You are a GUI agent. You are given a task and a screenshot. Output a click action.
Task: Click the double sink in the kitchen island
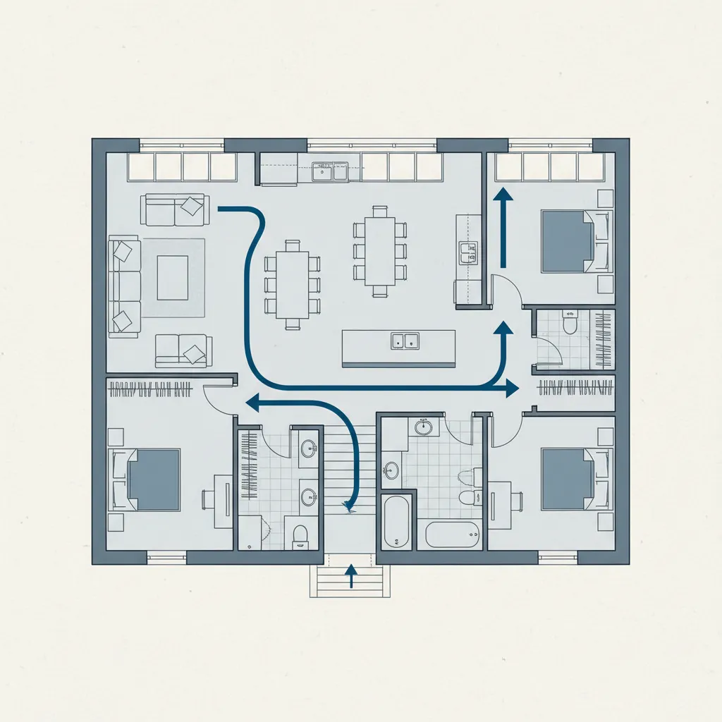coord(405,341)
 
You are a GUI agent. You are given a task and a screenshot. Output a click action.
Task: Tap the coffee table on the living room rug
coord(172,277)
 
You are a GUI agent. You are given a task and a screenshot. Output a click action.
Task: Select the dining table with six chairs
coord(293,284)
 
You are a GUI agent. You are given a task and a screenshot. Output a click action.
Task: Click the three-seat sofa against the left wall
coord(124,286)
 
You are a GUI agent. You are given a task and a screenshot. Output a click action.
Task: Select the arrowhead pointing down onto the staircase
coord(347,505)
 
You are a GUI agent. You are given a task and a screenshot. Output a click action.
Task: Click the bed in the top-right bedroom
coord(567,240)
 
